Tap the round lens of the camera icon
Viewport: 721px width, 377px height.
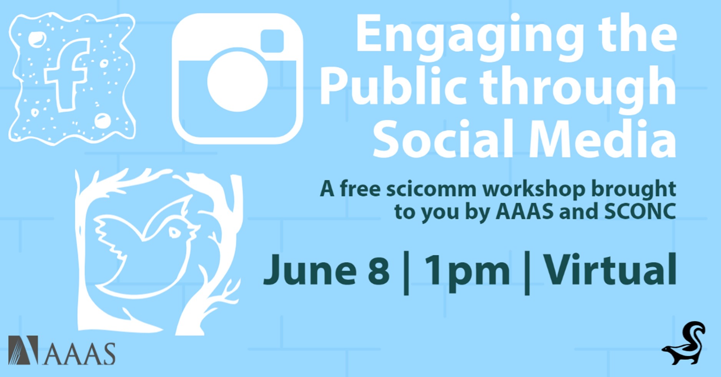pyautogui.click(x=237, y=81)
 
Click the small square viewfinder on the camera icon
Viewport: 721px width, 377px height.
pyautogui.click(x=272, y=41)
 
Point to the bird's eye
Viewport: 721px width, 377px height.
pyautogui.click(x=174, y=232)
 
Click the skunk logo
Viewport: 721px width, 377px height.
pyautogui.click(x=684, y=343)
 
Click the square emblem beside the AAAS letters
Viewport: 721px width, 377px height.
pyautogui.click(x=23, y=350)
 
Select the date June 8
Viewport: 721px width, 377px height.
pyautogui.click(x=327, y=270)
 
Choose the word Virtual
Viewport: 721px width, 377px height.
pyautogui.click(x=610, y=269)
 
